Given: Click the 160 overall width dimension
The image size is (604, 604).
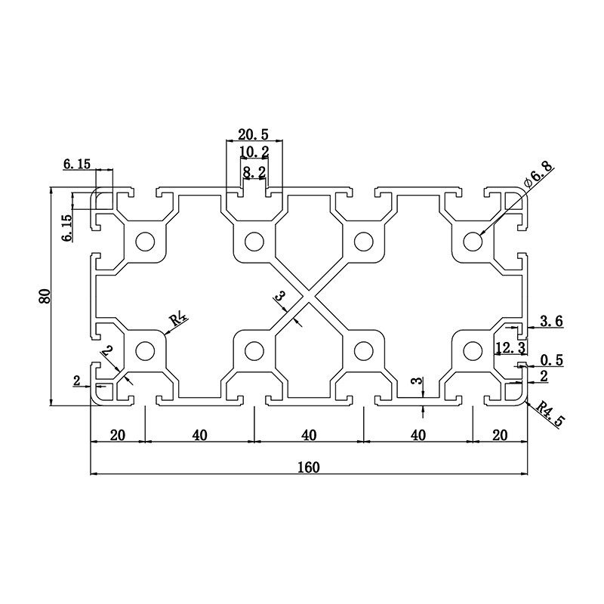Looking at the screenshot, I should [308, 467].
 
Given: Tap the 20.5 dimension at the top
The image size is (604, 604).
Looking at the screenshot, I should [253, 134].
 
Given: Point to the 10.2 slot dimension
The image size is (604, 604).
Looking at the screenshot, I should [253, 153].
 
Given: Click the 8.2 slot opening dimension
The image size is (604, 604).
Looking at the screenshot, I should [253, 172].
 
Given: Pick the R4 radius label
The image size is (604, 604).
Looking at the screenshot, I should [178, 319].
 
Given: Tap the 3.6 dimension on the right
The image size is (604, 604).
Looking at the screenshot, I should [551, 322].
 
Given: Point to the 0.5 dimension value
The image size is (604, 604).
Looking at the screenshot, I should [553, 360].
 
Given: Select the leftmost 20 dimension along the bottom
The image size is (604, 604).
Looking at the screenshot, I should [118, 435].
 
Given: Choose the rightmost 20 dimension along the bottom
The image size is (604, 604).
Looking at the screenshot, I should [499, 435].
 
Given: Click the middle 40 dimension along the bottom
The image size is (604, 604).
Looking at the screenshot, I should [308, 435].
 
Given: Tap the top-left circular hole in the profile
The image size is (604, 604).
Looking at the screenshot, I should [143, 242].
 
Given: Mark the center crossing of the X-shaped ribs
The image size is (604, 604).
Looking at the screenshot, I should [308, 297].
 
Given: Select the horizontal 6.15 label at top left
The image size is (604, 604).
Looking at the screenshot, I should [76, 164].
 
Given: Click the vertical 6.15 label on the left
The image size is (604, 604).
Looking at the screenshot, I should [66, 227].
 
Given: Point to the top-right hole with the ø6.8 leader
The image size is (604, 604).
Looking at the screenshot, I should [473, 242].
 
